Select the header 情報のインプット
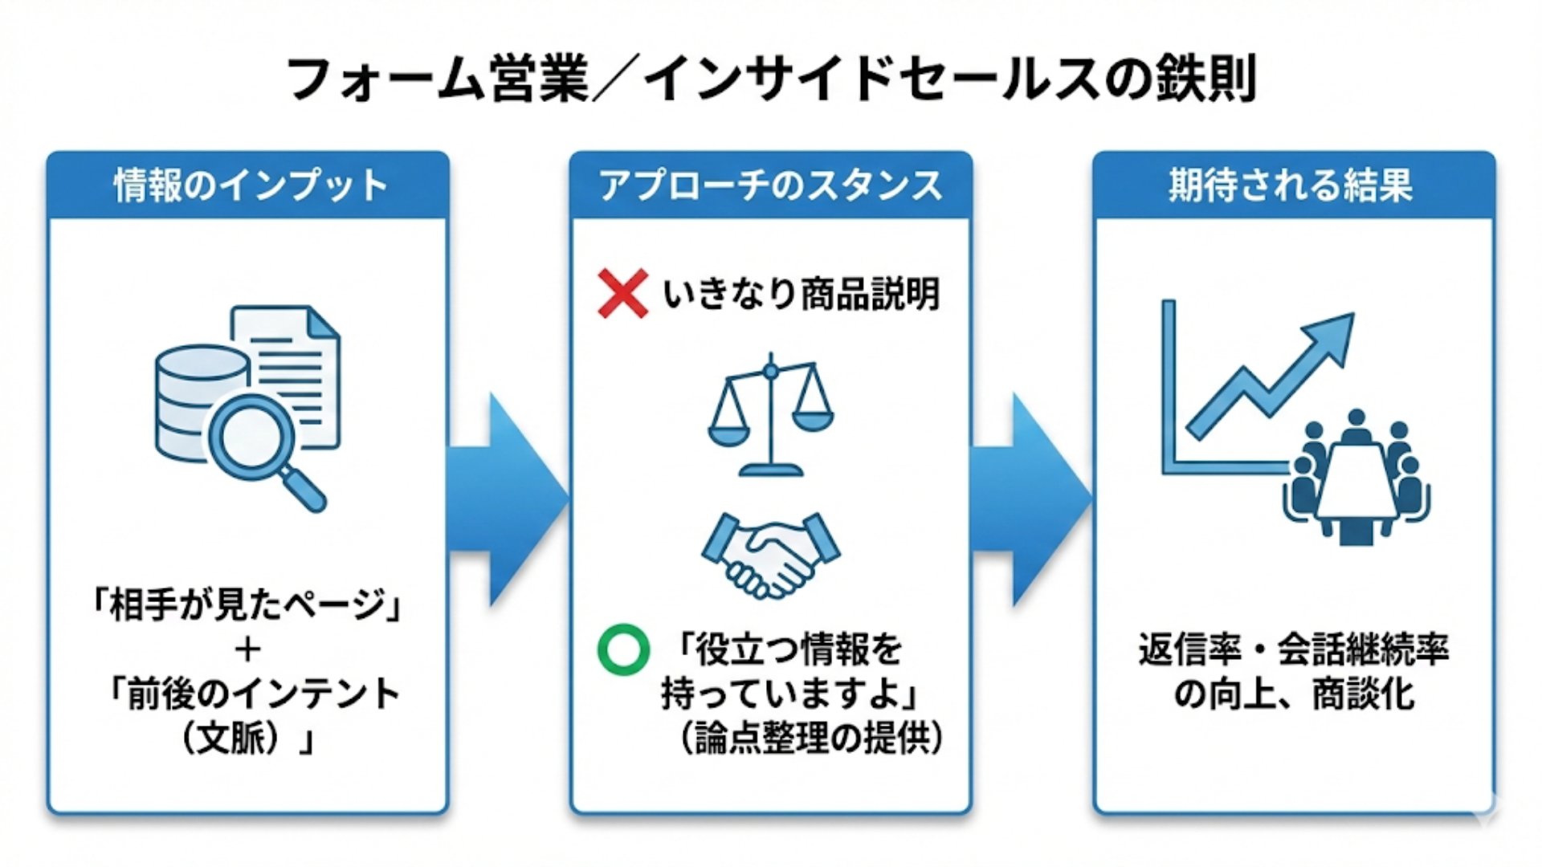coord(250,185)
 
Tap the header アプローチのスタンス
coord(771,185)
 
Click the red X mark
coord(622,294)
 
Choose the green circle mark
coord(623,649)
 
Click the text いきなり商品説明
coord(801,294)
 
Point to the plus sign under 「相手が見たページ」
coord(248,649)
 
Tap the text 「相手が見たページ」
coord(248,604)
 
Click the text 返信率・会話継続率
coord(1293,649)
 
